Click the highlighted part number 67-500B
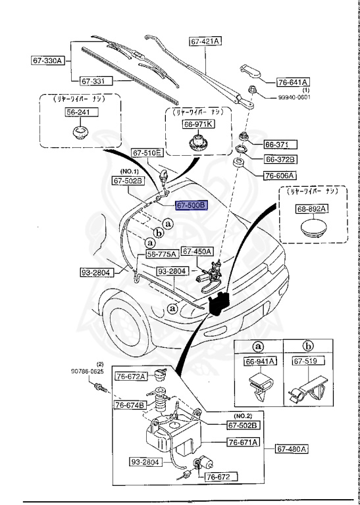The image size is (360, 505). [x=192, y=205]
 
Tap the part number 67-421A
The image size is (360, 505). [x=206, y=41]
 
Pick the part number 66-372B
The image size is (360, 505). [x=281, y=159]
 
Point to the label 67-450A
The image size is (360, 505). [x=197, y=251]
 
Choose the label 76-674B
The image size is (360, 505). [x=130, y=404]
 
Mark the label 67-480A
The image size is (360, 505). [x=291, y=449]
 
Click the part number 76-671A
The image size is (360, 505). [x=244, y=442]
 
